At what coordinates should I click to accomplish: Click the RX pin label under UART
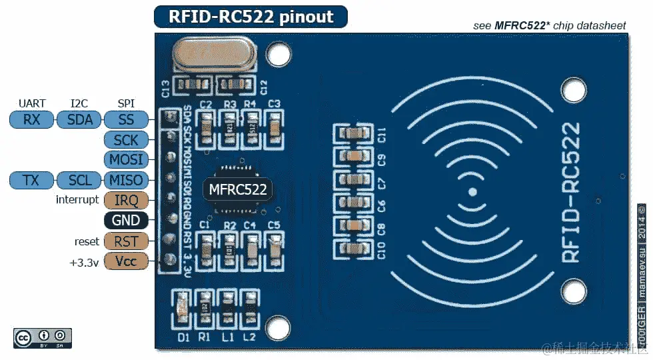[x=31, y=120]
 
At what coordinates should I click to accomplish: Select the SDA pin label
[x=79, y=120]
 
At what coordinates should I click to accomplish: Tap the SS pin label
[x=125, y=120]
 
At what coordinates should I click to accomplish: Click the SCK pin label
[x=125, y=140]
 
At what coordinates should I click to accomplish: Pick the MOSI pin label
[x=125, y=160]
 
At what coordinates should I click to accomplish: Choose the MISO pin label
[x=125, y=180]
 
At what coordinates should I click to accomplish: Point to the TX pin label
[x=31, y=180]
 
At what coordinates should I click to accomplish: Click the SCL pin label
[x=79, y=180]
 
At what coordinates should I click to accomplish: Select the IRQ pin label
[x=125, y=200]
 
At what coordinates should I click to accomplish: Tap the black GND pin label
[x=125, y=221]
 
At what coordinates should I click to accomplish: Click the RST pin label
[x=125, y=241]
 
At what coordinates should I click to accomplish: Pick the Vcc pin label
[x=125, y=261]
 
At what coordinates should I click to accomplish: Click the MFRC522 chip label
[x=238, y=189]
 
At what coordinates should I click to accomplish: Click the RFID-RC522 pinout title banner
[x=251, y=17]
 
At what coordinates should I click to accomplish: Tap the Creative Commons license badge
[x=42, y=338]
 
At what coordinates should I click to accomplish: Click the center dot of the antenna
[x=472, y=192]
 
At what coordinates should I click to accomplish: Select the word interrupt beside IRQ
[x=77, y=200]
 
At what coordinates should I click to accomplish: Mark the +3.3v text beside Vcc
[x=84, y=262]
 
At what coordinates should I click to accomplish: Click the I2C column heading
[x=79, y=103]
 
